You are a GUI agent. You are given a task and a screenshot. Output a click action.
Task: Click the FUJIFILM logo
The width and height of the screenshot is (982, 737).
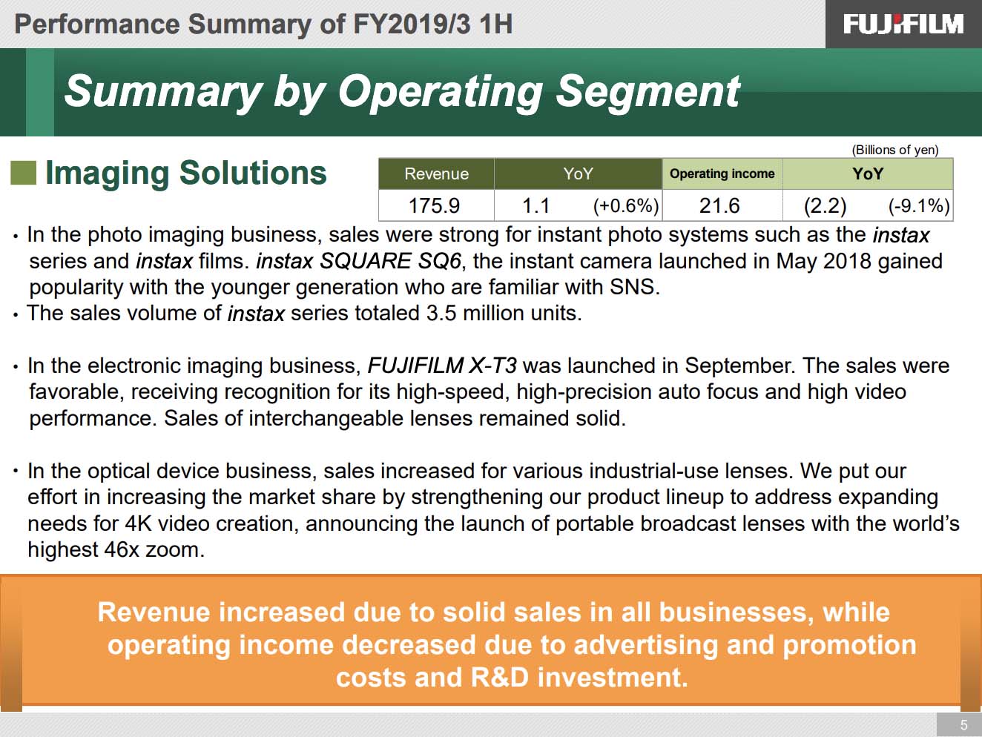click(x=903, y=24)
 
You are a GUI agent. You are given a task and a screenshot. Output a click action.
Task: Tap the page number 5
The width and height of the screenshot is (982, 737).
click(x=963, y=724)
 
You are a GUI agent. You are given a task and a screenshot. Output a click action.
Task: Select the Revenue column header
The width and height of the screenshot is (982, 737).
click(x=436, y=173)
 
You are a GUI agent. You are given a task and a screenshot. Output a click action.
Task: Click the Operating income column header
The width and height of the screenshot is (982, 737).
click(x=722, y=173)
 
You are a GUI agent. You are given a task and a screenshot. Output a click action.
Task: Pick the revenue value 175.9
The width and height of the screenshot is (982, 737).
click(x=434, y=205)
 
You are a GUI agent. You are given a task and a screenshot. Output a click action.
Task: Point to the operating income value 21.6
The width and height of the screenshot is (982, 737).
click(x=719, y=205)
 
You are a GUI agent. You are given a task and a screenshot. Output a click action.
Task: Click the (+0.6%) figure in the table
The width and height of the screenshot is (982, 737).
click(x=626, y=206)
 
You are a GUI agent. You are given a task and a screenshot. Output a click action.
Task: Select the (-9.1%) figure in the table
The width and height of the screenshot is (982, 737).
click(x=919, y=206)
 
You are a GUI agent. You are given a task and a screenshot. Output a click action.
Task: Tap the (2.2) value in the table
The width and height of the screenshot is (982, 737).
click(x=825, y=206)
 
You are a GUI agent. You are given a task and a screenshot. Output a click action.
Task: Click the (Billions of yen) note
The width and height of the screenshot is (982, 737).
click(x=894, y=150)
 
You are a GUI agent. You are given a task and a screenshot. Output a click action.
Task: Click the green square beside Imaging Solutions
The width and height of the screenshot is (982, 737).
click(x=23, y=173)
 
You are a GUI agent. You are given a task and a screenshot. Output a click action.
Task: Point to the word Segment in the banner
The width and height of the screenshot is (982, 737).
click(x=647, y=92)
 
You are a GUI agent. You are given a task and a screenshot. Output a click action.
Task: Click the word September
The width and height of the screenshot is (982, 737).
click(x=740, y=366)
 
